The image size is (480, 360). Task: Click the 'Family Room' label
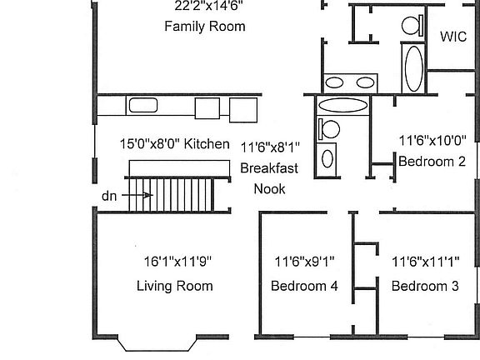coord(205,27)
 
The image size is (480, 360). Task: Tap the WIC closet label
coord(452,37)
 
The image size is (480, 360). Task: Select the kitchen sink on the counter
coord(142,106)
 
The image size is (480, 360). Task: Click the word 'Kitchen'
coord(207,144)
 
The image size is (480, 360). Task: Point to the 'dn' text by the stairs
coord(109,196)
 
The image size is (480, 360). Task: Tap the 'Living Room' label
coord(174,286)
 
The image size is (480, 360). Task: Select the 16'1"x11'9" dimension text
coord(174,261)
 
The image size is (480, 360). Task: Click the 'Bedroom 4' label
coord(304,286)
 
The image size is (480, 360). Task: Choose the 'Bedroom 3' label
coord(425,286)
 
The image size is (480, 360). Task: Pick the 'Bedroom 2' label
coord(432,162)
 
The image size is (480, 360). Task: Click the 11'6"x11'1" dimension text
coord(426,261)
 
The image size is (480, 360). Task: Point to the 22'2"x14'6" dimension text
coord(208,7)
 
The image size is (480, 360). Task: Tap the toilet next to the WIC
coord(411,25)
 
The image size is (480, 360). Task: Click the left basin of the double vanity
coord(337,82)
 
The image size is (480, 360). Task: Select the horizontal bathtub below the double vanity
coord(342,106)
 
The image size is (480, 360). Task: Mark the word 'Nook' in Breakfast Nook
coord(269,189)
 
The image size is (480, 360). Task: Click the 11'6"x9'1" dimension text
coord(305,261)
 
